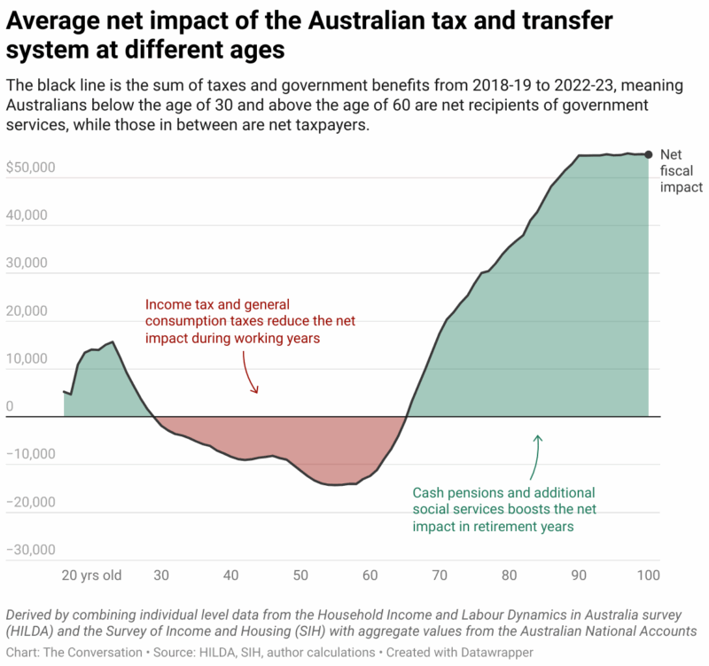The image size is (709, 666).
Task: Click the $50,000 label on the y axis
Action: [32, 168]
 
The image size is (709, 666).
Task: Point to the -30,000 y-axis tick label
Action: [32, 550]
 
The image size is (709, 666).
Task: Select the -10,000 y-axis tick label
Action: [32, 454]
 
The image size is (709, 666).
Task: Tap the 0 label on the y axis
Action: [10, 407]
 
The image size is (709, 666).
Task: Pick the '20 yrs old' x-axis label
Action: [91, 575]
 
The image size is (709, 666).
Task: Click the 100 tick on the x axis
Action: [649, 575]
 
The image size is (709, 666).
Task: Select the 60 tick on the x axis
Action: [370, 575]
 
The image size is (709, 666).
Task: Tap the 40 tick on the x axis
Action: [230, 575]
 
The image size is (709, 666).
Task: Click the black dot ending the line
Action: [649, 154]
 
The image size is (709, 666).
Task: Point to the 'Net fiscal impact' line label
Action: [682, 170]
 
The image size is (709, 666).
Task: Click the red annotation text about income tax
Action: [231, 321]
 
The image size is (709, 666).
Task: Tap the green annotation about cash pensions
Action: [503, 509]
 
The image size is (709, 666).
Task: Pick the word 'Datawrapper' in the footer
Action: [503, 651]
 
